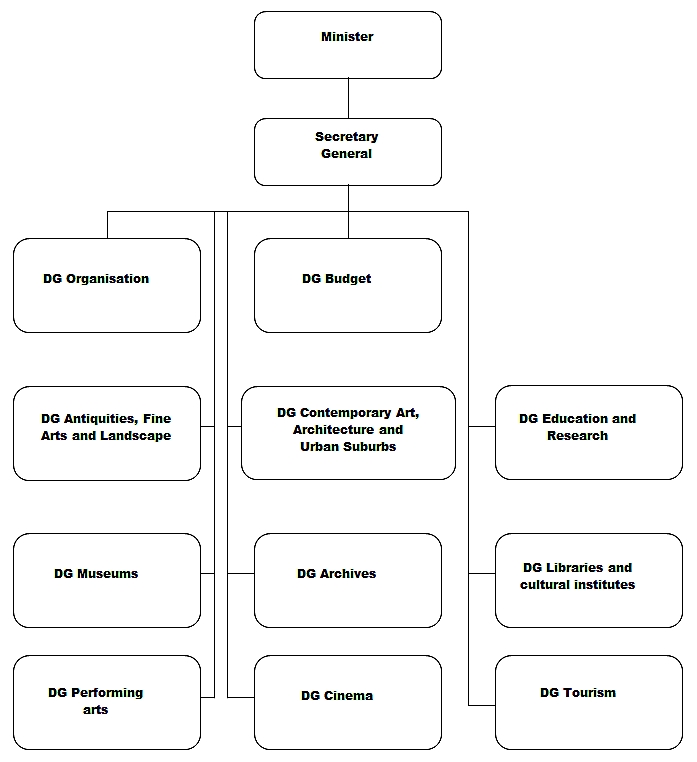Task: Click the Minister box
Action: tap(348, 45)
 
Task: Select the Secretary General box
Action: tap(348, 152)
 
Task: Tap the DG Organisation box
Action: tap(107, 285)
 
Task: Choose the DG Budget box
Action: tap(348, 285)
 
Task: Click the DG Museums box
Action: tap(107, 580)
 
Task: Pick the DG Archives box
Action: tap(348, 580)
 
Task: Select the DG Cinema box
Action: tap(348, 702)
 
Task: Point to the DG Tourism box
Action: tap(589, 702)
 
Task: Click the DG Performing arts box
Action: tap(107, 702)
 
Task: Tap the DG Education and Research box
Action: tap(589, 433)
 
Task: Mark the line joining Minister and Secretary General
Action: tap(348, 98)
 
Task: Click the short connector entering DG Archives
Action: tap(241, 573)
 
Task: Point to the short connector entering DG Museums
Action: tap(208, 573)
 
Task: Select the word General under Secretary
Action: tap(347, 154)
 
